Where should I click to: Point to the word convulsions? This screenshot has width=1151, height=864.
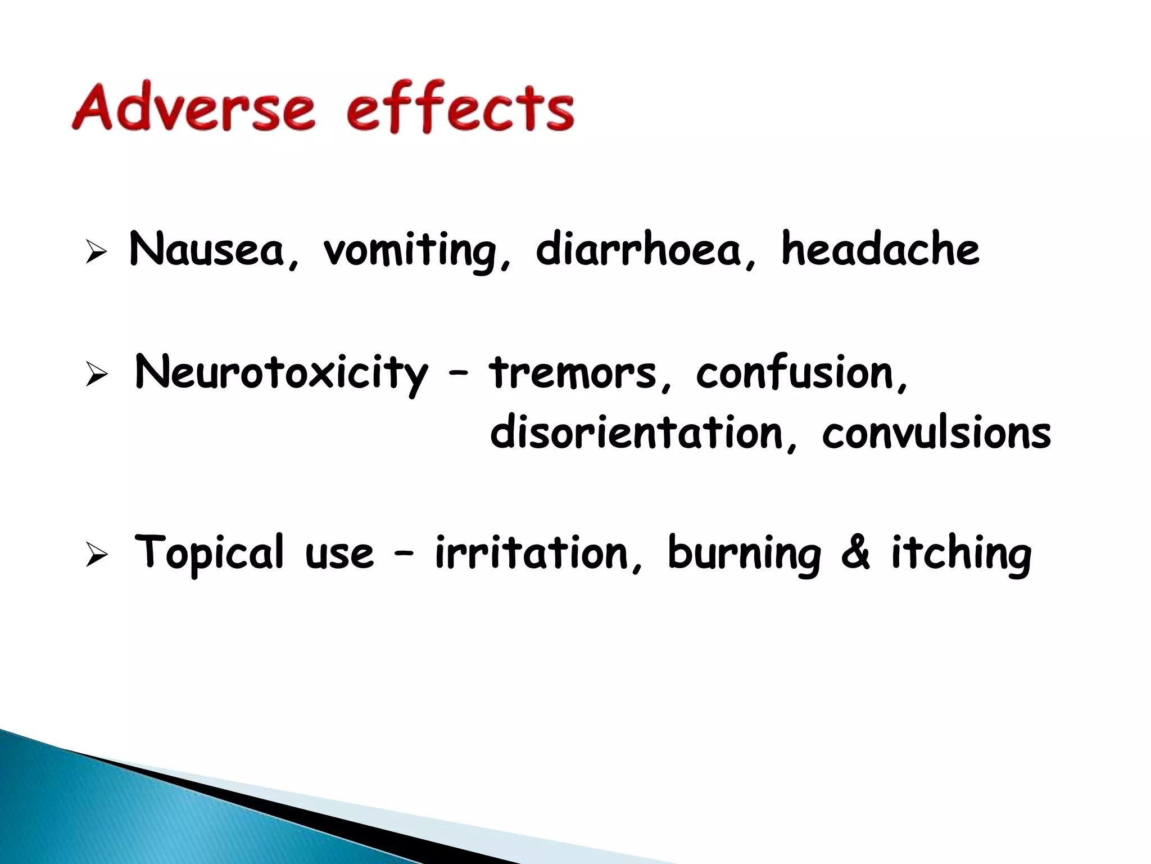pos(936,433)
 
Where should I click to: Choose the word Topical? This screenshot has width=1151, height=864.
pos(209,553)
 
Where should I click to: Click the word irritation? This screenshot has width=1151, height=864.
pos(531,553)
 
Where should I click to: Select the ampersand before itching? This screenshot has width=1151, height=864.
pos(855,553)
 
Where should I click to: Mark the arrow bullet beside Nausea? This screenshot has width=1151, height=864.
pos(96,252)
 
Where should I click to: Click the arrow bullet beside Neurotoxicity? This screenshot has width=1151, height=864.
pos(96,375)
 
